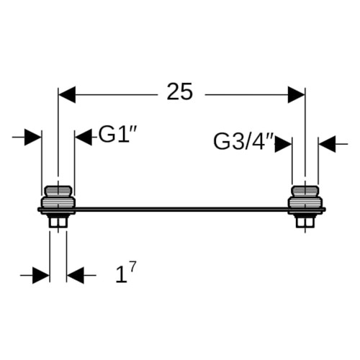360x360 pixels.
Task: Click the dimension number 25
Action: click(x=180, y=91)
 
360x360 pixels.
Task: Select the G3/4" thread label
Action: click(x=243, y=142)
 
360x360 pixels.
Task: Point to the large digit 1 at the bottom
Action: click(x=121, y=275)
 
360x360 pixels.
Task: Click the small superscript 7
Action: click(x=132, y=266)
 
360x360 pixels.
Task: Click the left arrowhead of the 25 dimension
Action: click(x=67, y=95)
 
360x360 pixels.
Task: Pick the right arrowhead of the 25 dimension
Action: click(x=296, y=95)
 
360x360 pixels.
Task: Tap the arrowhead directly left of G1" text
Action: click(x=84, y=138)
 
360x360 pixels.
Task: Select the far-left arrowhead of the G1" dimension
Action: click(x=33, y=138)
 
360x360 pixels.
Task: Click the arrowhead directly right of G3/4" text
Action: click(x=283, y=144)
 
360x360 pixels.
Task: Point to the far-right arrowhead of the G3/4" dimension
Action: click(x=327, y=144)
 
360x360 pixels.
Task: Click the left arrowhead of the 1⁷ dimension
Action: click(x=41, y=275)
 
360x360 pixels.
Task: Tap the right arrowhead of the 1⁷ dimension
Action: click(x=76, y=275)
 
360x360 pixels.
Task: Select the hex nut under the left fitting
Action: click(x=58, y=221)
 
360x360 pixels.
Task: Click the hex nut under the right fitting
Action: click(x=305, y=221)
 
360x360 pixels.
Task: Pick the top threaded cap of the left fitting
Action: click(x=58, y=191)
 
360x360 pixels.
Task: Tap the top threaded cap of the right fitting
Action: click(x=305, y=191)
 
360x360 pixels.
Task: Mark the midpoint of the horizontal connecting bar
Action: click(x=181, y=210)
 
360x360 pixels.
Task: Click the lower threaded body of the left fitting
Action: click(x=58, y=202)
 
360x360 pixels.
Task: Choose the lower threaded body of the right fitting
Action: click(x=305, y=202)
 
